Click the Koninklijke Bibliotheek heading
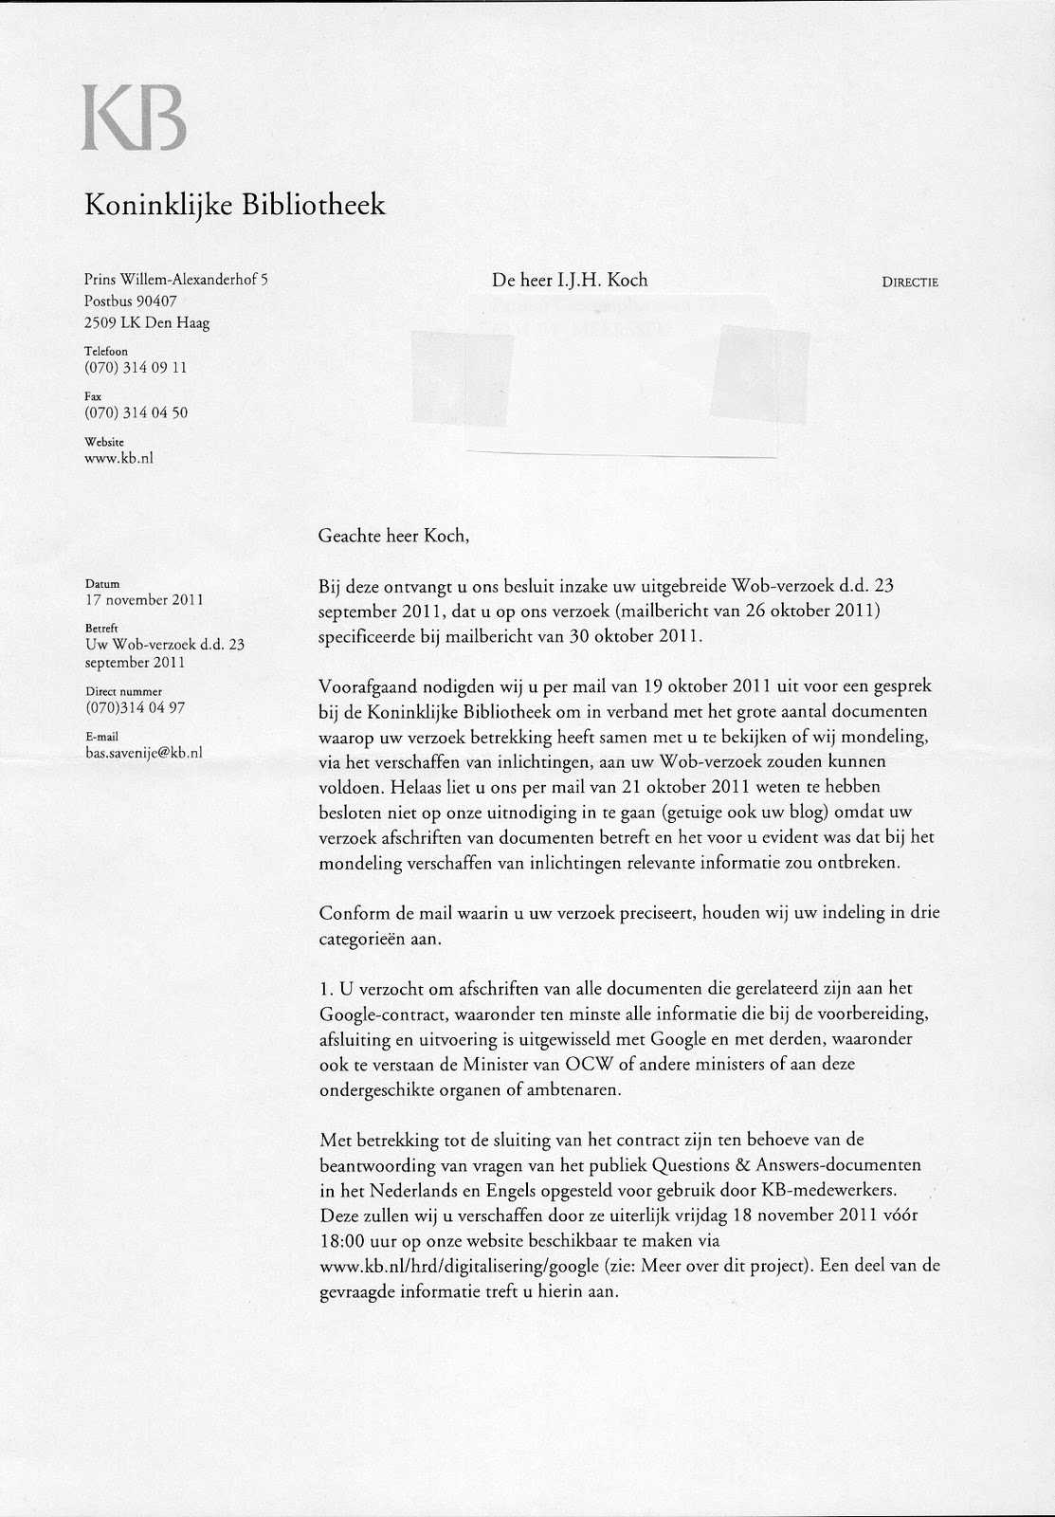tap(236, 204)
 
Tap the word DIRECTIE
tap(910, 282)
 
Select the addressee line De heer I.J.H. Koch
tap(569, 280)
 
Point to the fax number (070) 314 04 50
tap(136, 412)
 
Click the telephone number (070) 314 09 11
tap(136, 367)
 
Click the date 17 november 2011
tap(144, 599)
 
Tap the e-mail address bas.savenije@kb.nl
tap(143, 752)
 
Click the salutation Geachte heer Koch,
tap(393, 535)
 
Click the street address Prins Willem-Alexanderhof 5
tap(176, 280)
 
